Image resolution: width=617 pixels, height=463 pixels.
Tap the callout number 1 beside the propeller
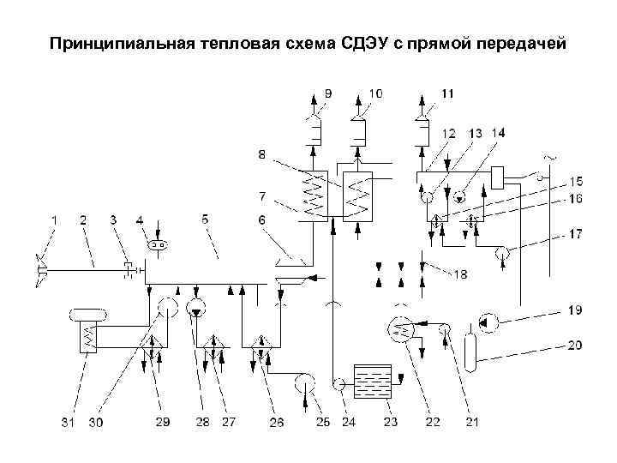click(x=53, y=220)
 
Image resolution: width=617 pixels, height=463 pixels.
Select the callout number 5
click(x=205, y=220)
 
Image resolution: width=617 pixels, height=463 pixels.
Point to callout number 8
click(x=262, y=154)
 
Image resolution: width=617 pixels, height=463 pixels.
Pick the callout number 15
click(x=577, y=181)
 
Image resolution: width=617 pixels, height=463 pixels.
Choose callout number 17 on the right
click(x=576, y=233)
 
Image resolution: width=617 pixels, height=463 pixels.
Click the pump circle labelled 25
click(x=304, y=382)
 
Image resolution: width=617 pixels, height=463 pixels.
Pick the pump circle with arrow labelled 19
click(x=488, y=323)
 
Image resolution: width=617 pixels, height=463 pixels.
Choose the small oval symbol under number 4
click(x=157, y=245)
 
